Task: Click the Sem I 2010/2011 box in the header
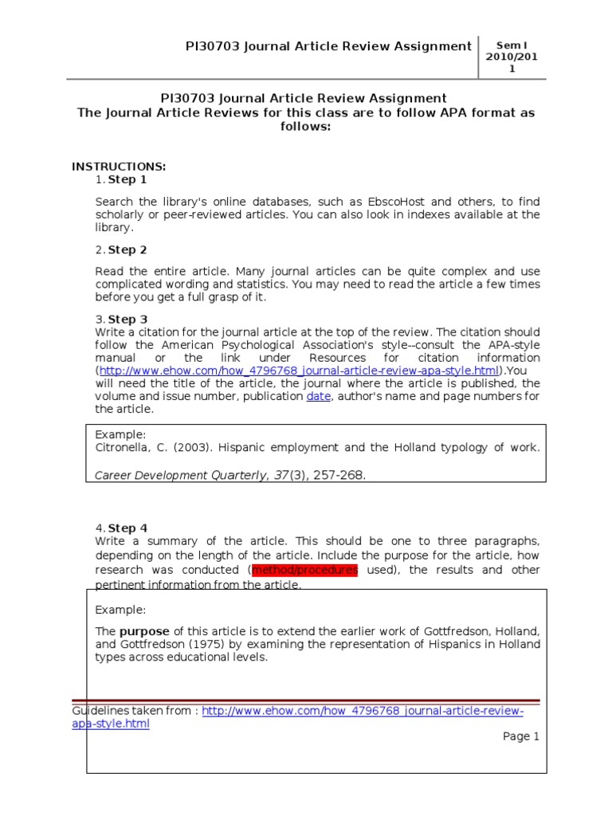(512, 57)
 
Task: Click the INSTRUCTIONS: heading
(119, 167)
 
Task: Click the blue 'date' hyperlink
(318, 396)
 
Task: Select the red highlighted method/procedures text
(304, 570)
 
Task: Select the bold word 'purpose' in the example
(144, 630)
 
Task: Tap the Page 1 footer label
(521, 736)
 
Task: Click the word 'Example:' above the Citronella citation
(120, 434)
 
